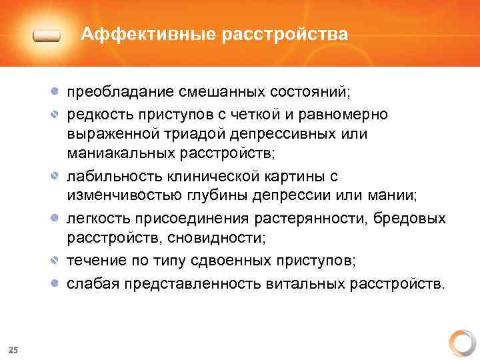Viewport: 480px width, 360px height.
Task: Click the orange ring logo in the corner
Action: pos(461,343)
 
